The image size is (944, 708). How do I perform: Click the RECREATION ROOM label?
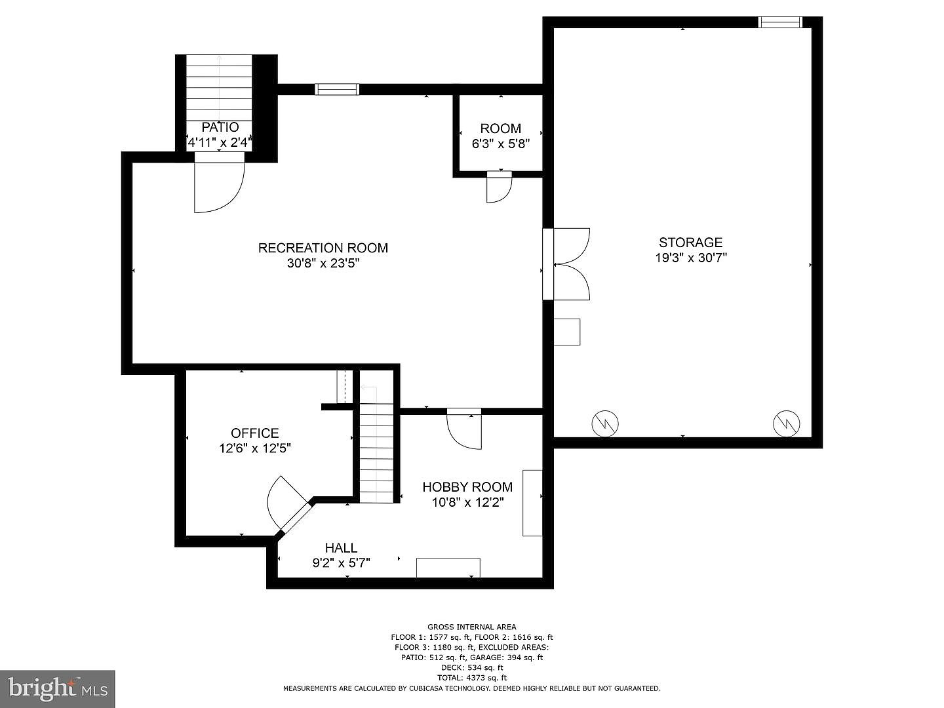[x=323, y=248]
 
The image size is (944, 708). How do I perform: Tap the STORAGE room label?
[x=691, y=243]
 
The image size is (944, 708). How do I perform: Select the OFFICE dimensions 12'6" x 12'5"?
[x=255, y=448]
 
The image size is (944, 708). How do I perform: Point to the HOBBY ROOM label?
[x=467, y=487]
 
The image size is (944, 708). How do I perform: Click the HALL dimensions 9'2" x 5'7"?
[x=342, y=562]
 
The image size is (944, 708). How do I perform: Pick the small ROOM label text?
[x=501, y=128]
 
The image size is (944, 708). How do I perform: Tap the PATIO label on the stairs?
[x=220, y=127]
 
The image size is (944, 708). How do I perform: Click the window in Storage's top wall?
[x=780, y=22]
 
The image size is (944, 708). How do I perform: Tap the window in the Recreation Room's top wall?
[x=337, y=89]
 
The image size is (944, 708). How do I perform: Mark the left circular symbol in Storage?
[x=605, y=424]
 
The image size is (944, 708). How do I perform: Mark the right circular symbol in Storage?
[x=787, y=424]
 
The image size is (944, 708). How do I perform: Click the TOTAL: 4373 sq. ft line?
[x=472, y=678]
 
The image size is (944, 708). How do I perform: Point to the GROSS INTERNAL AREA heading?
[x=472, y=627]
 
